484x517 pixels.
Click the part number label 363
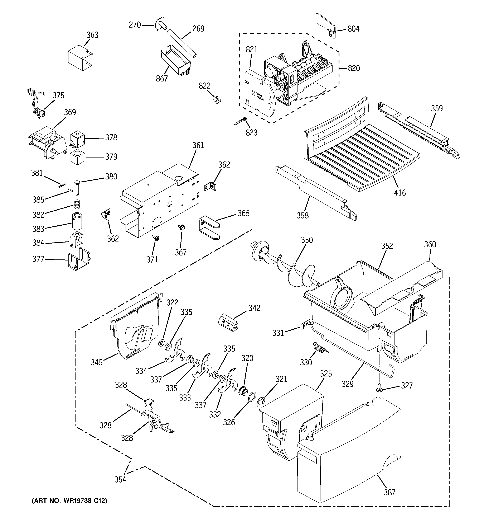[92, 35]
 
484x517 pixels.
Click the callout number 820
[354, 68]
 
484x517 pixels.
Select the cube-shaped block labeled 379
[77, 157]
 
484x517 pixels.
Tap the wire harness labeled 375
[36, 104]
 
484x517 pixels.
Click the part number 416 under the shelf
[400, 193]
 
